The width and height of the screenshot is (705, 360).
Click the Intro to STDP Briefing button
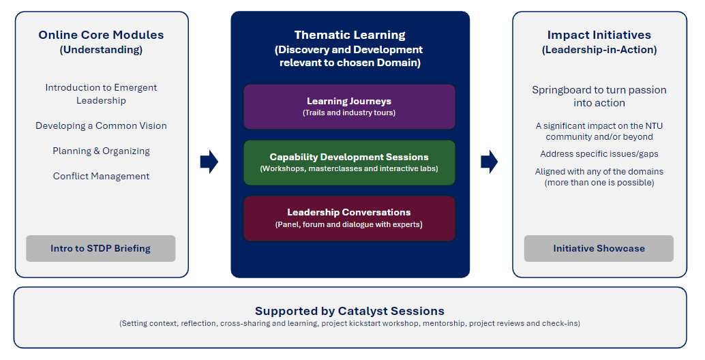pyautogui.click(x=101, y=249)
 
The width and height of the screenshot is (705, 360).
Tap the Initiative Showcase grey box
pyautogui.click(x=599, y=249)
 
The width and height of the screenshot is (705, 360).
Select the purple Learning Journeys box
pyautogui.click(x=349, y=106)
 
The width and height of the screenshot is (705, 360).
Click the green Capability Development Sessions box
pyautogui.click(x=349, y=162)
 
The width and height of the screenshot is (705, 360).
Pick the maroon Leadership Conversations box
pyautogui.click(x=349, y=218)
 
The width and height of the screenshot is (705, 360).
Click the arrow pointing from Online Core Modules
pyautogui.click(x=209, y=162)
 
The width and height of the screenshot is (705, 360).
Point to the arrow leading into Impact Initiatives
pyautogui.click(x=490, y=162)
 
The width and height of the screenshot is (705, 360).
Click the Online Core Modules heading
pyautogui.click(x=101, y=35)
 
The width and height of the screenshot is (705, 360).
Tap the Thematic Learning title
pyautogui.click(x=350, y=35)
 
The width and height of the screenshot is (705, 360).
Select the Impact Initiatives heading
pyautogui.click(x=599, y=35)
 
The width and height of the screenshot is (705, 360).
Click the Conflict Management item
pyautogui.click(x=101, y=176)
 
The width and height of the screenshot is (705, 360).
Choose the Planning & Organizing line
pyautogui.click(x=101, y=151)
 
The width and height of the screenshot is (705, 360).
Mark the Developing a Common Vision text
pyautogui.click(x=101, y=125)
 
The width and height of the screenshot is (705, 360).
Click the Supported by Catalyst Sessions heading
pyautogui.click(x=350, y=311)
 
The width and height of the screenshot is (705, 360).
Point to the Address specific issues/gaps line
pyautogui.click(x=599, y=154)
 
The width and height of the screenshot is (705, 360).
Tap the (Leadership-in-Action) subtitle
pyautogui.click(x=599, y=50)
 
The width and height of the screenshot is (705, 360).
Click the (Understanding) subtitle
pyautogui.click(x=101, y=50)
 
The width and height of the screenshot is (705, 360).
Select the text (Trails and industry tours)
pyautogui.click(x=349, y=112)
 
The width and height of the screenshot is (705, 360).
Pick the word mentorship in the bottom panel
pyautogui.click(x=444, y=323)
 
